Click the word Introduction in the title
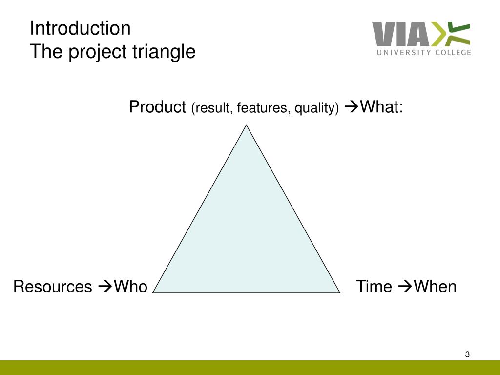tap(80, 28)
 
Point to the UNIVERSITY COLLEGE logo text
tap(424, 52)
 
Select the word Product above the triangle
tap(158, 106)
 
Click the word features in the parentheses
tap(264, 108)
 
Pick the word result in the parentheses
tap(212, 108)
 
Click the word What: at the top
tap(382, 106)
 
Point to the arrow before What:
tap(352, 107)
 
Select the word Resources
tap(53, 286)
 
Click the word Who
tap(130, 286)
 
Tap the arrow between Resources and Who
tap(105, 286)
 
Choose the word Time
tap(374, 286)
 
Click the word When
tap(435, 286)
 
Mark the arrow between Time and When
tap(405, 286)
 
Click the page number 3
tap(467, 354)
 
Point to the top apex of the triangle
tap(246, 125)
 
